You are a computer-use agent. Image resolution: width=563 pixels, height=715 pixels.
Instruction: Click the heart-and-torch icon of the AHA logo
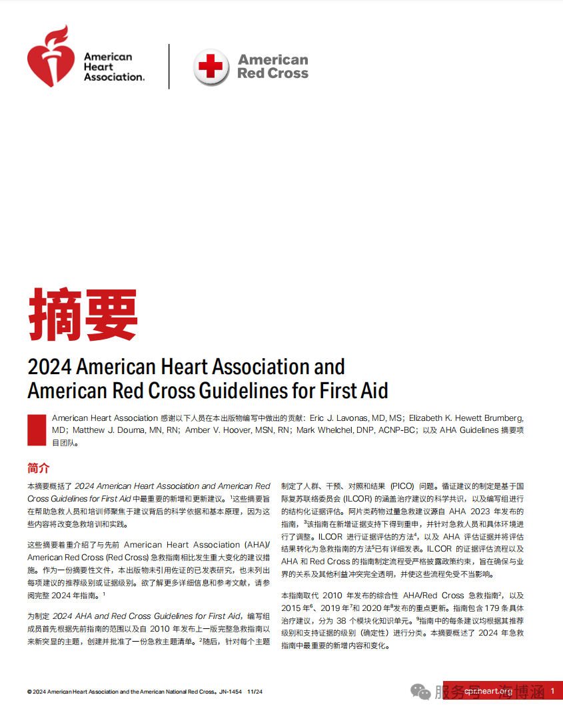(x=51, y=58)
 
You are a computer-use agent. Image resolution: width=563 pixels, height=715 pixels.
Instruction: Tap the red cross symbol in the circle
(x=212, y=67)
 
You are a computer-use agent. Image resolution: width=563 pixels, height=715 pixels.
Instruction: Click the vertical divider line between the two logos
(x=169, y=67)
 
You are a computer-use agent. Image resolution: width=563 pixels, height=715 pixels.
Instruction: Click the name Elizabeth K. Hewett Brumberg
(x=466, y=418)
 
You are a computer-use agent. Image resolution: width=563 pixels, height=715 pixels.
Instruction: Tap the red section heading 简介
(x=38, y=468)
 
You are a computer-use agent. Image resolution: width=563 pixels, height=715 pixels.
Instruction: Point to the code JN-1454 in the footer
(x=231, y=692)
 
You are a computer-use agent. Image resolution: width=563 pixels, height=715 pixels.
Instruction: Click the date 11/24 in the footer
(x=255, y=692)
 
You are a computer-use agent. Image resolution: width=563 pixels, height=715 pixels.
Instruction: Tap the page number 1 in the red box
(x=552, y=691)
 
